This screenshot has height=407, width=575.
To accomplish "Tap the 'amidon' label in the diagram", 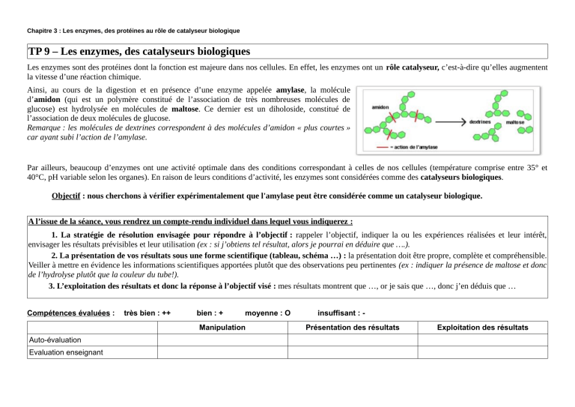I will pos(381,108).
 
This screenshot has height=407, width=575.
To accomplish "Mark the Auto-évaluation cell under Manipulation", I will pos(222,340).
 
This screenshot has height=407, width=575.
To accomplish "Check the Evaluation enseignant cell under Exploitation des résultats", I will pos(483,352).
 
